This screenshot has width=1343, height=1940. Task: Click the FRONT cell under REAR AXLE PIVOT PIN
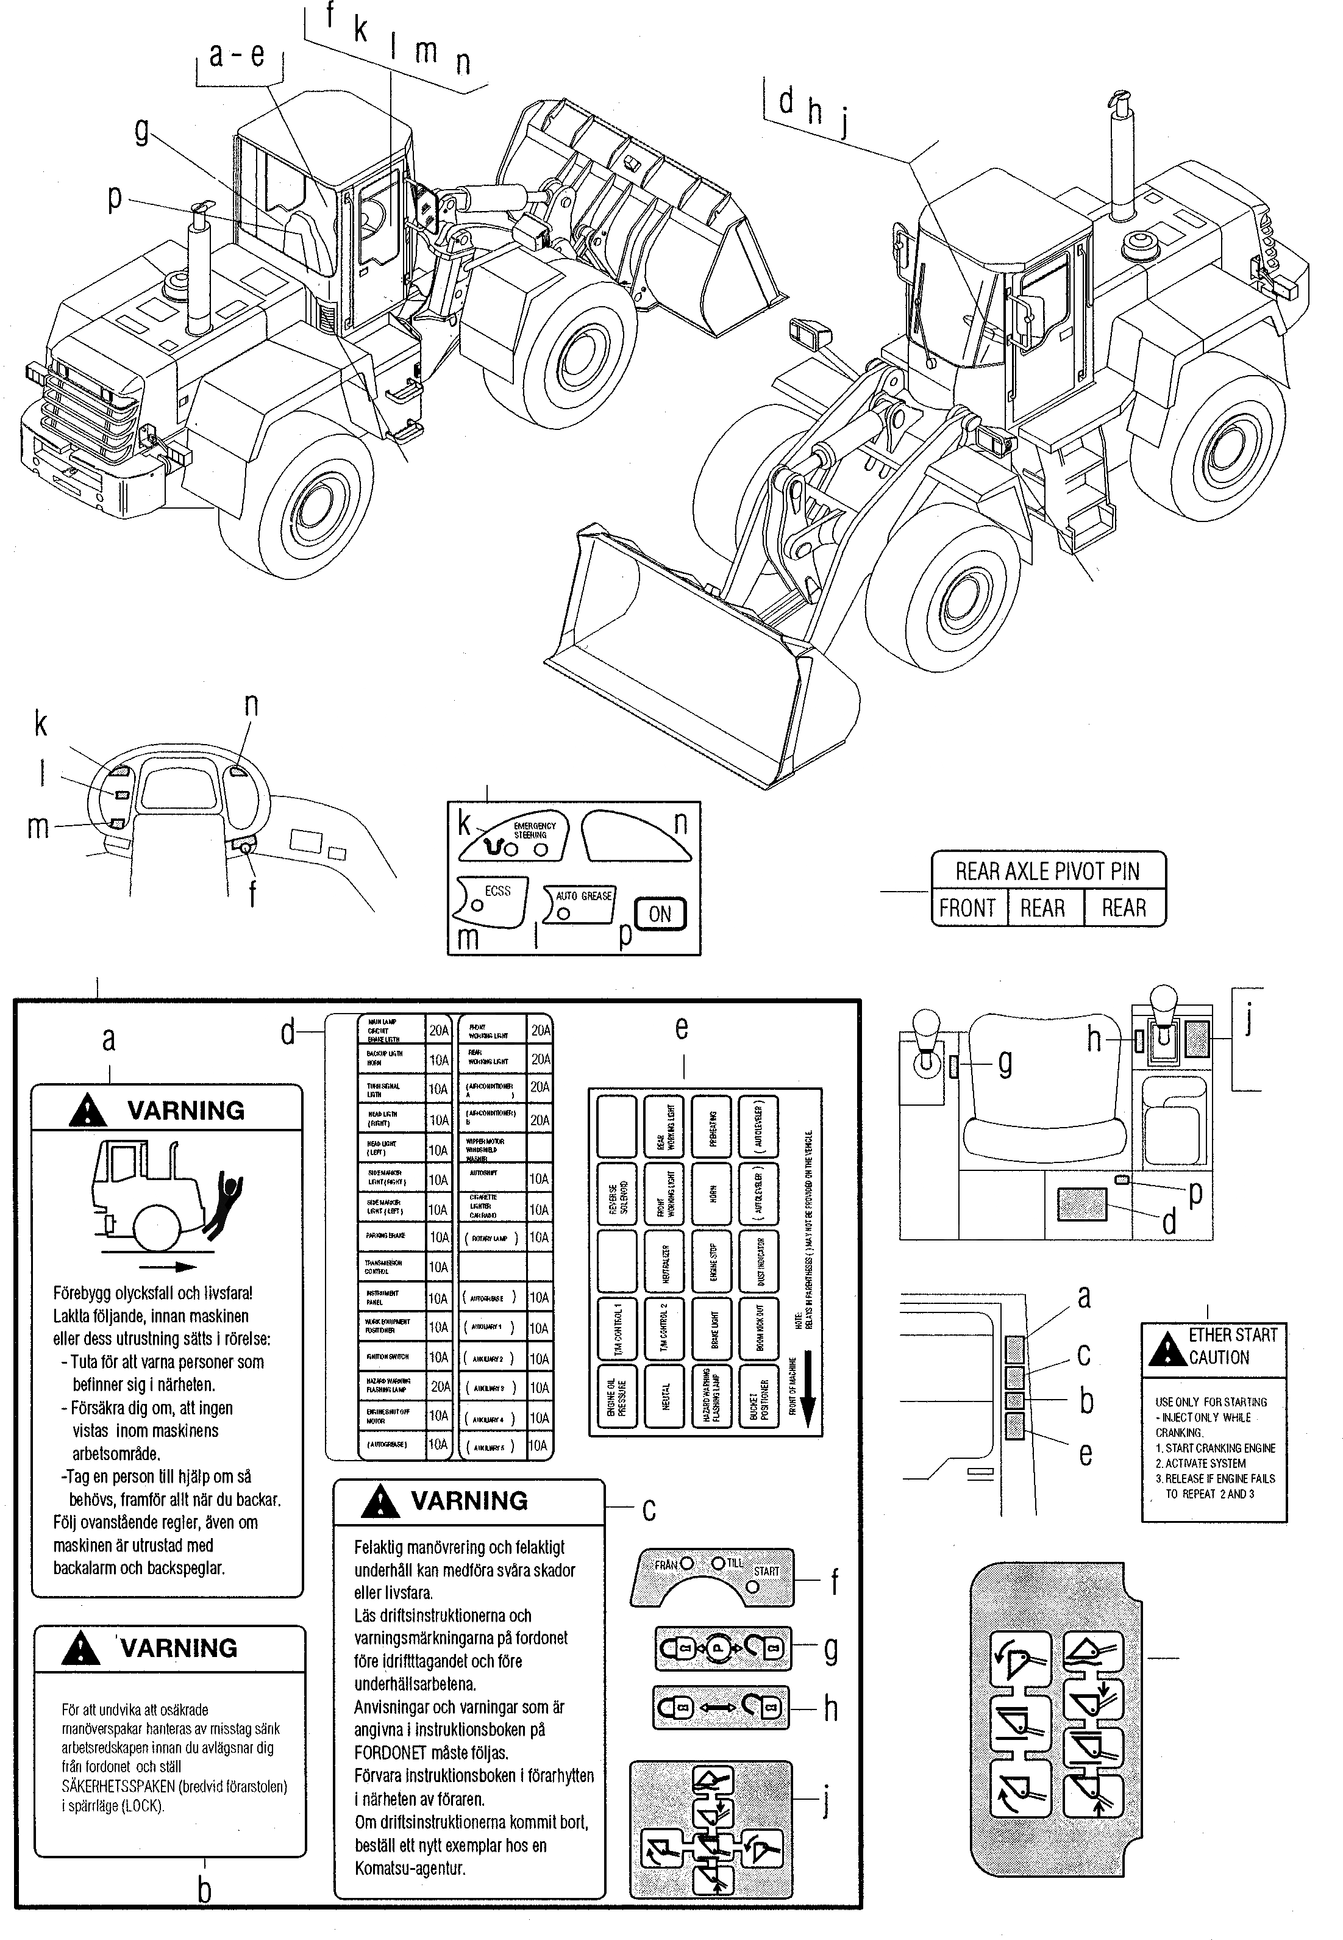pyautogui.click(x=967, y=908)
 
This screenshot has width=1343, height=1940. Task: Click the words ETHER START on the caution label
pyautogui.click(x=1233, y=1335)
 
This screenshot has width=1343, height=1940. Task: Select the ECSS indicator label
pyautogui.click(x=497, y=891)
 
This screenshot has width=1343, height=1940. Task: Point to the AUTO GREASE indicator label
pyautogui.click(x=584, y=897)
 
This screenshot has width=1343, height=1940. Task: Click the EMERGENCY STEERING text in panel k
pyautogui.click(x=535, y=830)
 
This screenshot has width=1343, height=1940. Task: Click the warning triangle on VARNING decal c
pyautogui.click(x=380, y=1502)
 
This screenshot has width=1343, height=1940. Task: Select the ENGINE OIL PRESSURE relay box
pyautogui.click(x=616, y=1396)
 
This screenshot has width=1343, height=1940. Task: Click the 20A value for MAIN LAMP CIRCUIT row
pyautogui.click(x=438, y=1030)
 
